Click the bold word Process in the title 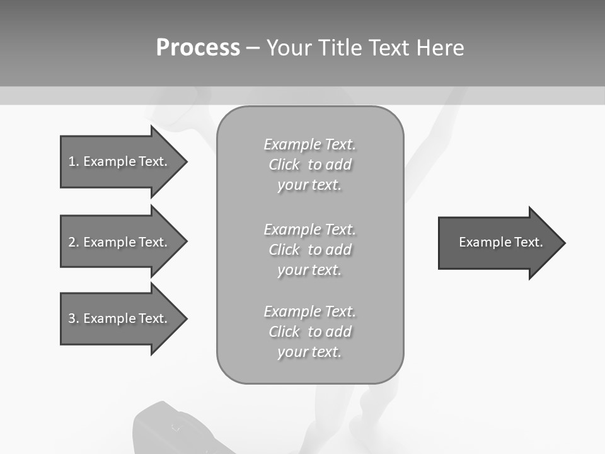point(198,48)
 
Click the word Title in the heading point(341,48)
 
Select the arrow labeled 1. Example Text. point(120,161)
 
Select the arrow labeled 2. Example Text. point(120,242)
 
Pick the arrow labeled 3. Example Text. point(120,318)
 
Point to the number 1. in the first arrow point(74,161)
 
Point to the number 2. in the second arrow point(74,242)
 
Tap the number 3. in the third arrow point(74,318)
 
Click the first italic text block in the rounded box point(309,165)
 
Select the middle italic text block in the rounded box point(309,250)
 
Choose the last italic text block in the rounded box point(309,332)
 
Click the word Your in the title point(289,48)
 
